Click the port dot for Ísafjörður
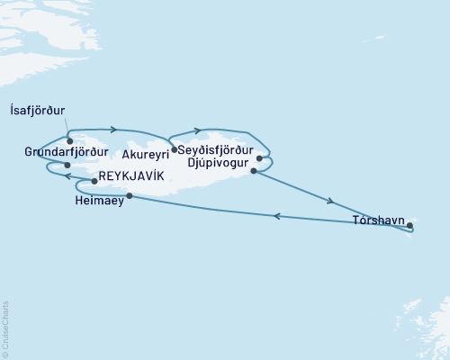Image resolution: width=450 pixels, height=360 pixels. point(69,141)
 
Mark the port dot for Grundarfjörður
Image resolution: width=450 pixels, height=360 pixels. point(67,166)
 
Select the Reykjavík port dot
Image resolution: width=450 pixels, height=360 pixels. point(94,181)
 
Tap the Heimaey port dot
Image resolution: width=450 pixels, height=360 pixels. point(130,196)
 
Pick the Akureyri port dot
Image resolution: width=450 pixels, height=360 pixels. point(174,149)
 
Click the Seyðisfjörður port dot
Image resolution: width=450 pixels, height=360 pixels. point(259,158)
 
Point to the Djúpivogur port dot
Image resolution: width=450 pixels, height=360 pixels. point(254,171)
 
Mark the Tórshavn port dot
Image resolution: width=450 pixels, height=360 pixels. point(409,225)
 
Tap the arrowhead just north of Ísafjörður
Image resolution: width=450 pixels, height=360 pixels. point(113,130)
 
